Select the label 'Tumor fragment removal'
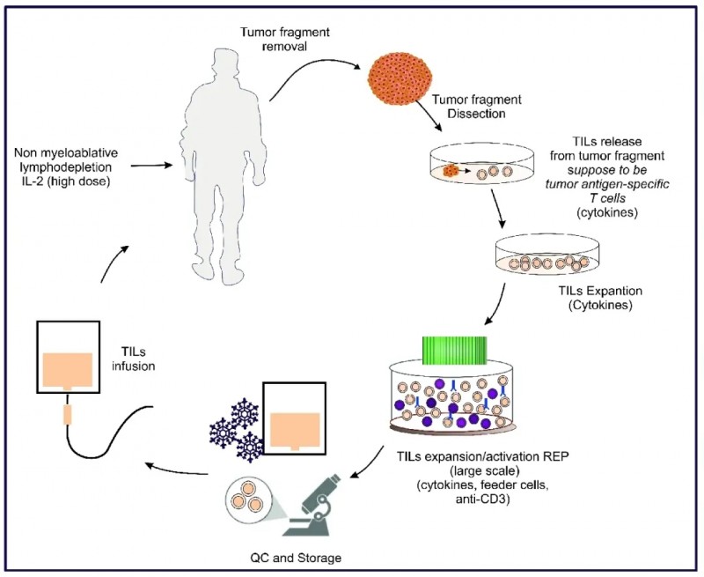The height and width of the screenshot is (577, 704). tap(275, 41)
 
